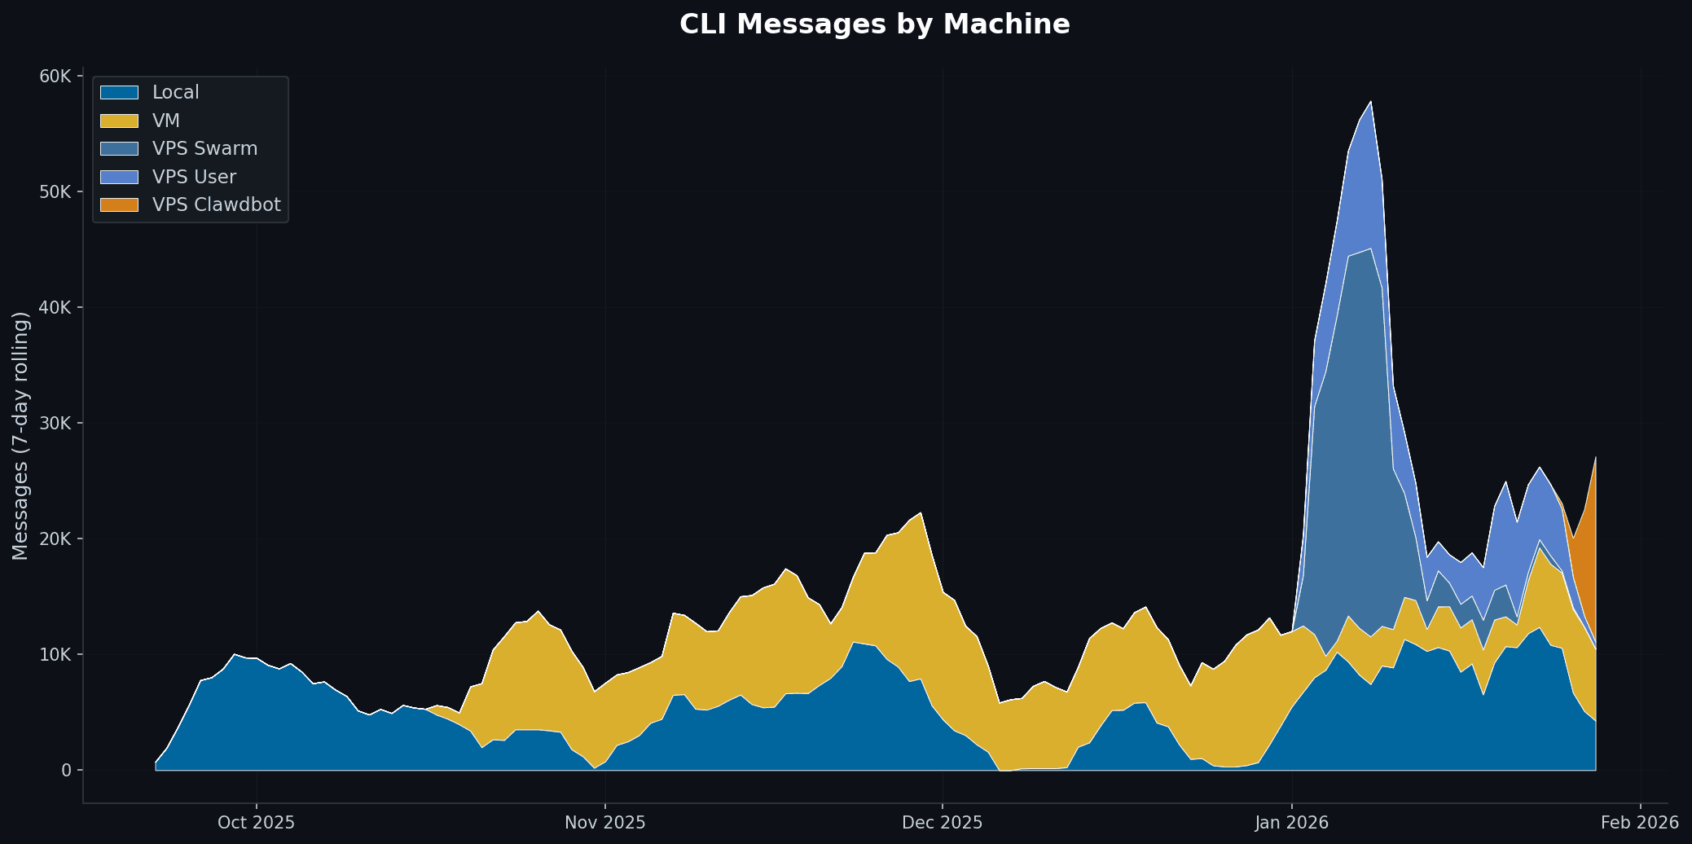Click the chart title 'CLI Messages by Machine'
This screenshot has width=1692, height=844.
point(874,24)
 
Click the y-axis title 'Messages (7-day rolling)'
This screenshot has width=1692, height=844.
point(20,436)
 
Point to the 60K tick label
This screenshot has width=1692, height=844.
point(55,77)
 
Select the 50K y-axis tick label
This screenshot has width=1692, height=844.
point(55,192)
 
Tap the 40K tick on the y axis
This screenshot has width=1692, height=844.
point(55,308)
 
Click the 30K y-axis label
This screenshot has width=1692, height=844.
point(55,424)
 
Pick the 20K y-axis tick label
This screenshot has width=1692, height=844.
point(55,539)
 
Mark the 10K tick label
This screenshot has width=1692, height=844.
point(55,655)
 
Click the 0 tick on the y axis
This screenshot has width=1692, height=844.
point(66,771)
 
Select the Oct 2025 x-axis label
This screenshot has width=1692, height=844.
point(256,823)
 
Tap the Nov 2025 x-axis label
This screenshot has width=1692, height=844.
point(604,823)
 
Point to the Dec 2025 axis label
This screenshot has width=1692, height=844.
point(942,823)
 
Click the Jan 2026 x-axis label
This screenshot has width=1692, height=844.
point(1291,823)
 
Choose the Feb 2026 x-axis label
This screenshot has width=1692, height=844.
point(1639,823)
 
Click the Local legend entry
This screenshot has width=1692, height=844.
point(175,93)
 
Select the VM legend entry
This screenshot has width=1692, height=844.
point(165,121)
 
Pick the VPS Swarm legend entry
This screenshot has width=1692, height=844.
point(204,149)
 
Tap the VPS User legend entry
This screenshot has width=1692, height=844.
point(194,178)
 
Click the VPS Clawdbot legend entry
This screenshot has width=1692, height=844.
point(216,205)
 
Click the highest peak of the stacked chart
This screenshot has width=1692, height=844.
point(1370,102)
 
